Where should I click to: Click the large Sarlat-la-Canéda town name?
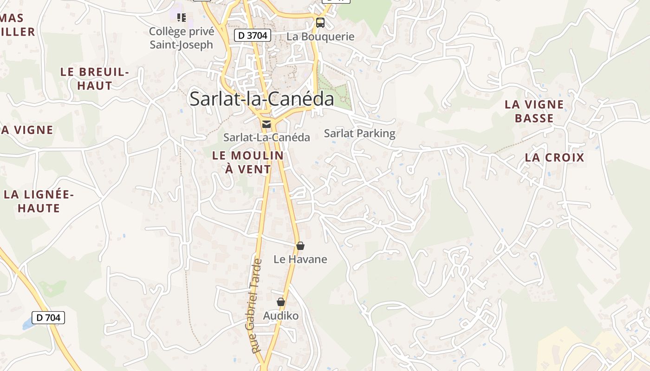pyautogui.click(x=262, y=99)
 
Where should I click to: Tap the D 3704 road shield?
pyautogui.click(x=252, y=35)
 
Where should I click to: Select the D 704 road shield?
pyautogui.click(x=48, y=318)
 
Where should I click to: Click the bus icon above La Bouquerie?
pyautogui.click(x=320, y=22)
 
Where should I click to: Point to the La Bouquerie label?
pyautogui.click(x=320, y=37)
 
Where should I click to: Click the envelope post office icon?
pyautogui.click(x=266, y=124)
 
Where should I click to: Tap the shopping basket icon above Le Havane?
pyautogui.click(x=300, y=246)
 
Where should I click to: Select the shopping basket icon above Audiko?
pyautogui.click(x=280, y=302)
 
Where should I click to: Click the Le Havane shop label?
pyautogui.click(x=300, y=259)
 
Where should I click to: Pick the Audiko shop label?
pyautogui.click(x=280, y=316)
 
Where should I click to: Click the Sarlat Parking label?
pyautogui.click(x=359, y=134)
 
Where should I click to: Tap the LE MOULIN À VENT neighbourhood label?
pyautogui.click(x=248, y=162)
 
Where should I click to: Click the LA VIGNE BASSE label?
pyautogui.click(x=534, y=111)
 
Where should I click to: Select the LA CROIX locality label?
pyautogui.click(x=554, y=158)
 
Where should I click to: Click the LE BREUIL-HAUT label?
pyautogui.click(x=95, y=79)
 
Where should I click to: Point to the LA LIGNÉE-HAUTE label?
pyautogui.click(x=39, y=201)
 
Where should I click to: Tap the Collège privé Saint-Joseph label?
pyautogui.click(x=182, y=38)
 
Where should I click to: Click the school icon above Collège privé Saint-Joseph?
pyautogui.click(x=182, y=18)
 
